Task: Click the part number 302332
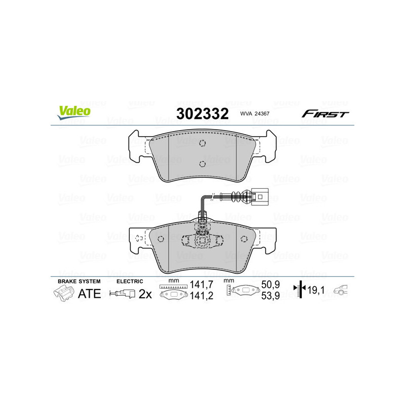pyautogui.click(x=202, y=113)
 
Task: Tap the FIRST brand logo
pyautogui.click(x=325, y=114)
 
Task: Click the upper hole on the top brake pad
pyautogui.click(x=202, y=143)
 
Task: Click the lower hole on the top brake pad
pyautogui.click(x=202, y=163)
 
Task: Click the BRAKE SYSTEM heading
pyautogui.click(x=79, y=281)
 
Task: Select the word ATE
pyautogui.click(x=90, y=293)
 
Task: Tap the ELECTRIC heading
pyautogui.click(x=130, y=281)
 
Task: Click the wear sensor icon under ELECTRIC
pyautogui.click(x=123, y=294)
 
